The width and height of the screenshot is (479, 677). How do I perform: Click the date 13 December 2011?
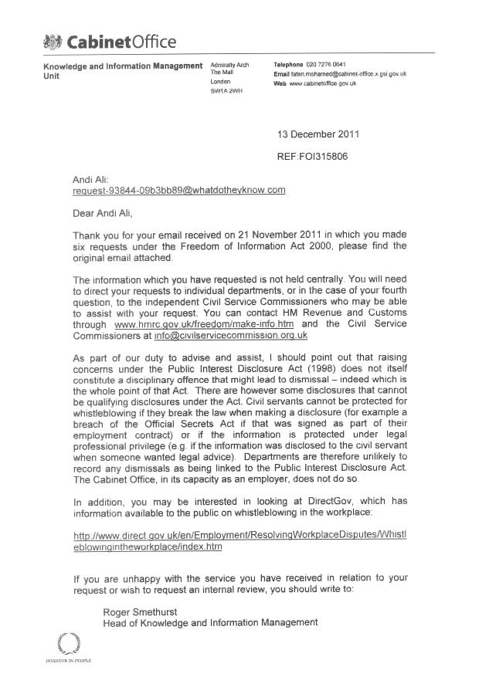pos(318,134)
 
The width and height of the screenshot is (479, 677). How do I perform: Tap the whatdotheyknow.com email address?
pos(179,190)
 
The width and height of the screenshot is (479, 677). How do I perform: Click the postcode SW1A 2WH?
pos(226,91)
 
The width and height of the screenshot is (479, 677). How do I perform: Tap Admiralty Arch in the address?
pos(230,64)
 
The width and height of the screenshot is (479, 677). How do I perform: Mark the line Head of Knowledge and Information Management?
pos(210,623)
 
